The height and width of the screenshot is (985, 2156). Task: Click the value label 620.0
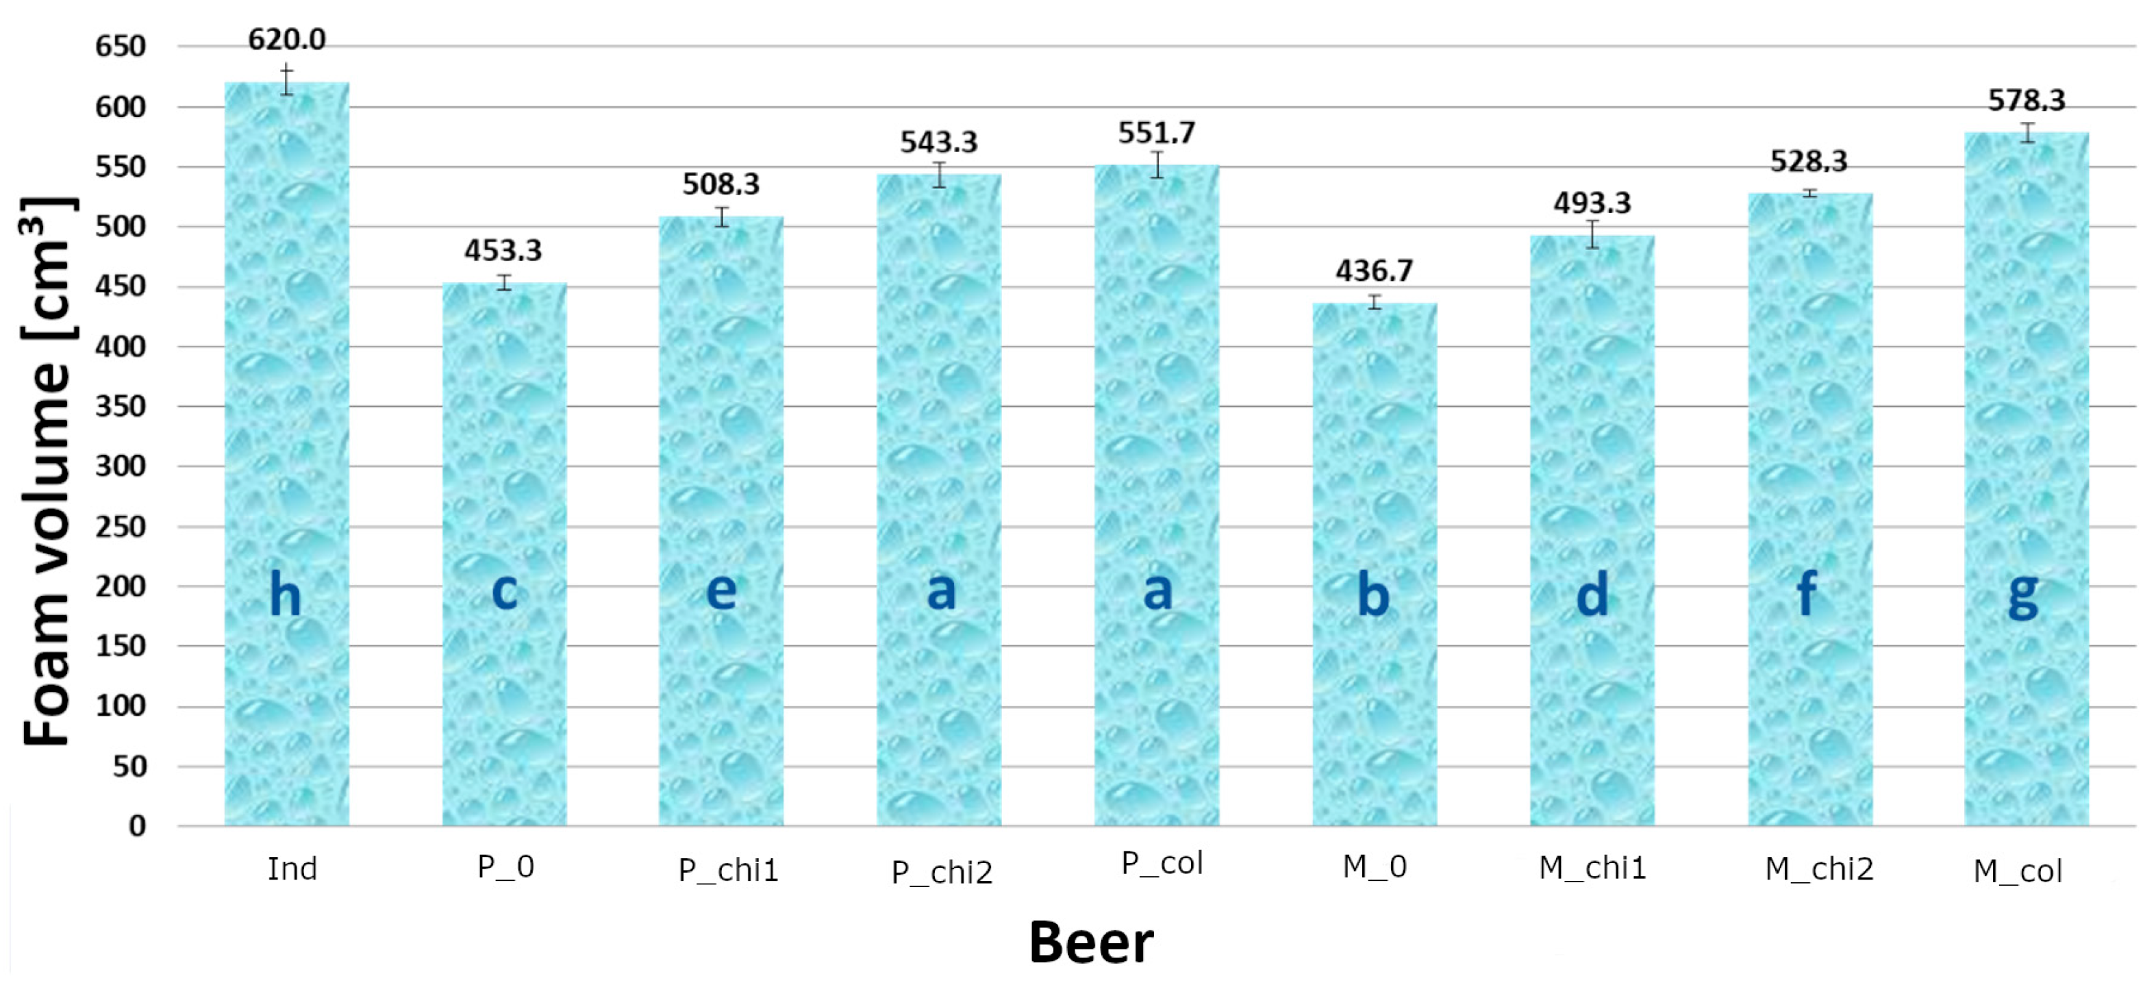click(x=286, y=39)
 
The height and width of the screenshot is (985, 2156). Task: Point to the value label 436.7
click(x=1375, y=271)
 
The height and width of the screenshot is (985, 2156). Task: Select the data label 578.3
click(x=2027, y=101)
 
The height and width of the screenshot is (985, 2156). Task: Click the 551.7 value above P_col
click(x=1157, y=132)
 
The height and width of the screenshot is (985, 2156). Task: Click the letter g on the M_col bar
click(x=2023, y=596)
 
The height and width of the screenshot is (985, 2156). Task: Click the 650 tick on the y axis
click(x=121, y=47)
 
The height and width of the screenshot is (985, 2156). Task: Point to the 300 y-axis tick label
click(x=121, y=466)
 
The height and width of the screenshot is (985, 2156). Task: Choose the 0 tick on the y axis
click(x=137, y=826)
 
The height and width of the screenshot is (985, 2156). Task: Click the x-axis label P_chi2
click(x=942, y=873)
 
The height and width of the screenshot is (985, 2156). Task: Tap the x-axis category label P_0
click(x=505, y=867)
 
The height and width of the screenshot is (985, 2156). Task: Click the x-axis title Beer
click(x=1090, y=943)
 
